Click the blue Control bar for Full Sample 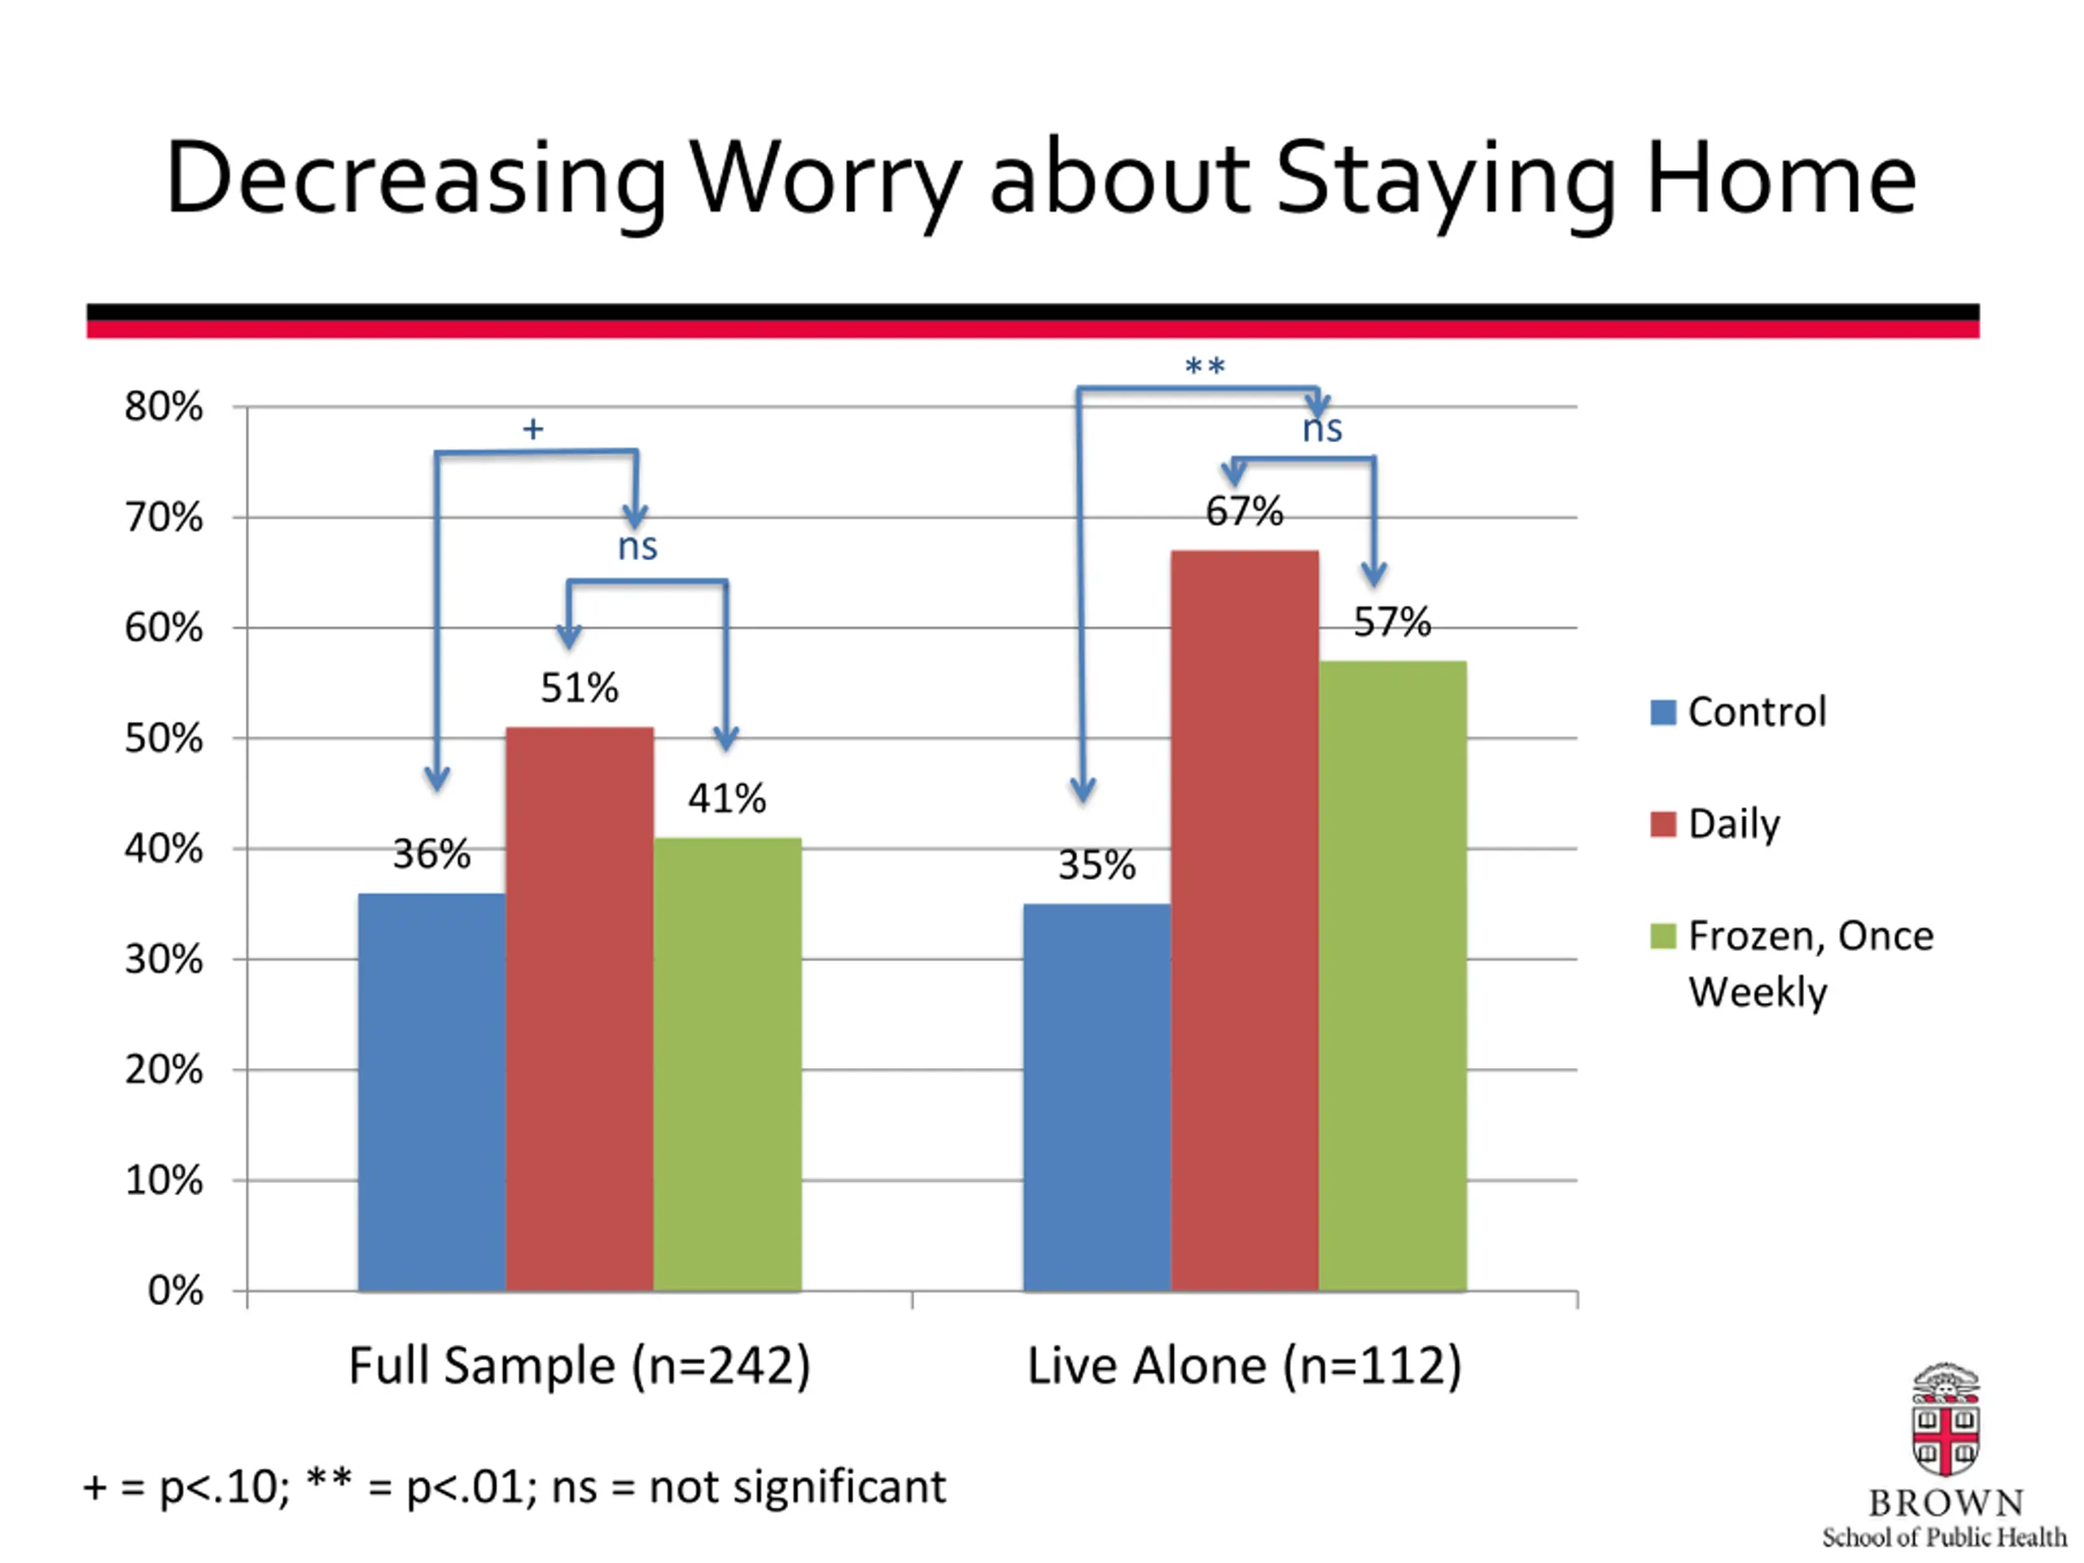click(431, 1092)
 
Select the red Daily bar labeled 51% click(580, 1009)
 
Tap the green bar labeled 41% click(727, 1065)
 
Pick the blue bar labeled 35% click(1097, 1097)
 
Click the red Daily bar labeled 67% click(1245, 921)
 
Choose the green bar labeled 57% click(1393, 976)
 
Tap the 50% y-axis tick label click(164, 738)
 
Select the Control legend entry click(1738, 711)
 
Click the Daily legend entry click(1715, 825)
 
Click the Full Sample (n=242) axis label click(580, 1365)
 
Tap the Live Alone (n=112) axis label click(1245, 1365)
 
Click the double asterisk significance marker click(1205, 366)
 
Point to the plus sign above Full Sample click(533, 430)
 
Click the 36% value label click(431, 855)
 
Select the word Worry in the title click(827, 179)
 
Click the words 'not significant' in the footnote click(797, 1487)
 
